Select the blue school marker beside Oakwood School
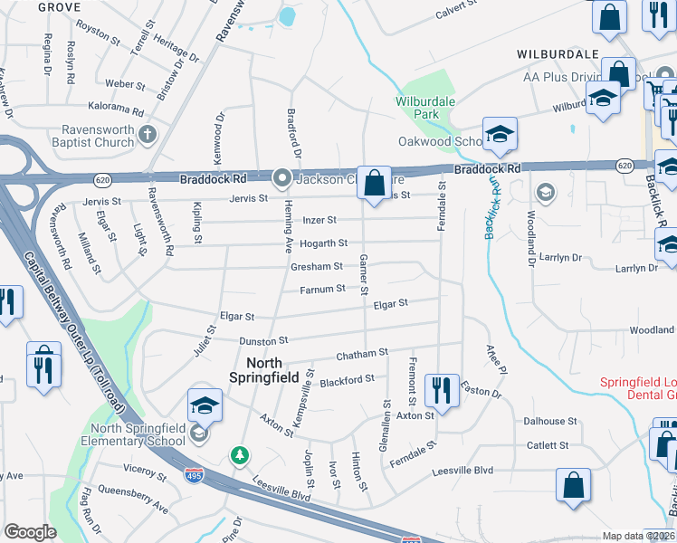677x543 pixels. pos(499,135)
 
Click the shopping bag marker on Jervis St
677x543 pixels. pos(374,184)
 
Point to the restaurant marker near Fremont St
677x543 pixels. pos(442,391)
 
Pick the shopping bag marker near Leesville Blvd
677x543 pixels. pos(573,485)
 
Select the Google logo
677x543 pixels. pos(30,532)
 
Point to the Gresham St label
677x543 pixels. pos(317,267)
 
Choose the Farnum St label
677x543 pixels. pos(322,289)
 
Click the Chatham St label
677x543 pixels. pos(362,353)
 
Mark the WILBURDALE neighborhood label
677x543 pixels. pos(558,54)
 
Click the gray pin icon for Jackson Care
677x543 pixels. pos(282,178)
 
